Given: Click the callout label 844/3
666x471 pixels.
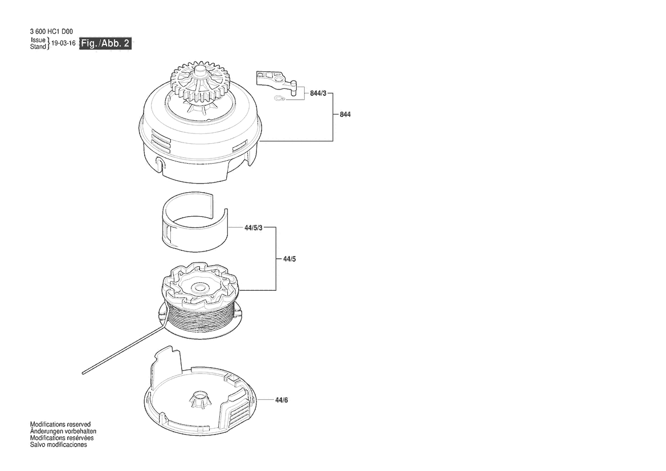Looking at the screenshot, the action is [x=318, y=93].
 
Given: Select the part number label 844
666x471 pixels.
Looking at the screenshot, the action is [x=345, y=115].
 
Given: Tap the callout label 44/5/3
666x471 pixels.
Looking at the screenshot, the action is [x=253, y=228].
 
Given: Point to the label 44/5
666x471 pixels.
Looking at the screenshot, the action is [x=289, y=259].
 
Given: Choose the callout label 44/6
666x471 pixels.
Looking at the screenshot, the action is [x=281, y=400].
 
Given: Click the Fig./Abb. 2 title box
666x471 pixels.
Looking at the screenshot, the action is [x=105, y=43].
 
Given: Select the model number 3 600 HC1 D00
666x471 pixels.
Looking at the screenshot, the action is [x=51, y=31].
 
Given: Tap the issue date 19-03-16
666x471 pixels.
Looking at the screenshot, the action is [x=63, y=43].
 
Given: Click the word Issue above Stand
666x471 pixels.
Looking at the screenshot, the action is [x=38, y=40].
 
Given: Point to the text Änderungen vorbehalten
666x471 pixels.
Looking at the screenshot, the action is [x=63, y=431].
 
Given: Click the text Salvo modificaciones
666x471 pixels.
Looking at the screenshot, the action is [x=59, y=445].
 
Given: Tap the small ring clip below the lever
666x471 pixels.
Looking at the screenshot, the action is [x=278, y=99].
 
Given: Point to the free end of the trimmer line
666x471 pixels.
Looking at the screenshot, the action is [x=84, y=373].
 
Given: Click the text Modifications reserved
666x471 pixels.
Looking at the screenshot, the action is [x=60, y=424].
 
